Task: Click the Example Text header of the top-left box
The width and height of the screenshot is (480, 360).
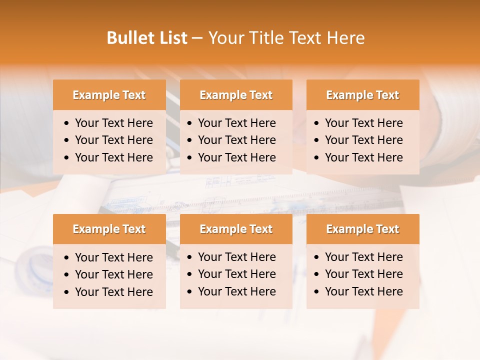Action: pos(109,95)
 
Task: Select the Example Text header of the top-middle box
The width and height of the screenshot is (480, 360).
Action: pos(236,95)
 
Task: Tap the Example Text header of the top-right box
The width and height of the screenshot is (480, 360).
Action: pos(362,95)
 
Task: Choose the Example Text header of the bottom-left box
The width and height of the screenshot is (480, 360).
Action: pos(109,229)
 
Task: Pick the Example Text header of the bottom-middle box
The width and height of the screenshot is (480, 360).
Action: pos(236,229)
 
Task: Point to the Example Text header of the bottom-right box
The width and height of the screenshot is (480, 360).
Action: pos(362,229)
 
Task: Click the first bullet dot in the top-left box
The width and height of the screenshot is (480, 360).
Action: pos(67,123)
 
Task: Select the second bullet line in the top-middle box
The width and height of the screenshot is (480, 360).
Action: pos(236,140)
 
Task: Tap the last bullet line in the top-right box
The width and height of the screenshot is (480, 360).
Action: pos(363,157)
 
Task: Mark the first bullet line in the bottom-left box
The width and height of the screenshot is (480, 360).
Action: pos(113,257)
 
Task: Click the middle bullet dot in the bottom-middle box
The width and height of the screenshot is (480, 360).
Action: pos(190,274)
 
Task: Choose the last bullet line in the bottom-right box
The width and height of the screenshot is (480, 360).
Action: pos(363,291)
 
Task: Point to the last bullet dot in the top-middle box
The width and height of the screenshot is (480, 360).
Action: pos(190,158)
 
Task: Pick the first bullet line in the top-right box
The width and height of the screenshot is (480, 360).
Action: pos(363,123)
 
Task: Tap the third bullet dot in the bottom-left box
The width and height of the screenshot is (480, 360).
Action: pos(67,292)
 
